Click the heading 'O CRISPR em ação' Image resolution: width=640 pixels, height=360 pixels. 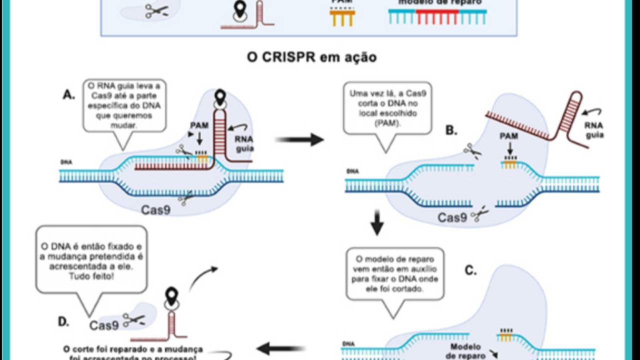pos(311,57)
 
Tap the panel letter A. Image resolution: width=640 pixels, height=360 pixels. pos(69,94)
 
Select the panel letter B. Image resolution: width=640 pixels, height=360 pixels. pos(451,130)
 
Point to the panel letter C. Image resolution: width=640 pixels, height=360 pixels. pos(470,270)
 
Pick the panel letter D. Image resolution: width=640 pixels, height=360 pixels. pos(63,321)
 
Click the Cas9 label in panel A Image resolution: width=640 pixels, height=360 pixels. pos(155,209)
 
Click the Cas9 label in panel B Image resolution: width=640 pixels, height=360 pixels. pos(452,217)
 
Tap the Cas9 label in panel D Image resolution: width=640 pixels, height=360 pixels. pos(104,325)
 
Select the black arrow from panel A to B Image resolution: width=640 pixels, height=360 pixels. pos(299,139)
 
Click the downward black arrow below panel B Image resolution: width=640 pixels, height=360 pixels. pos(377,225)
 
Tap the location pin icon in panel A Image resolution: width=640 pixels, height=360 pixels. pos(220,96)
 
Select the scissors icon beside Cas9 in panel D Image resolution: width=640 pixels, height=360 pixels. pos(134,320)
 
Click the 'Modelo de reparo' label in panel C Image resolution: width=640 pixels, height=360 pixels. pos(465,351)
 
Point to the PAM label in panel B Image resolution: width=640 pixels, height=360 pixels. pos(508,135)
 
